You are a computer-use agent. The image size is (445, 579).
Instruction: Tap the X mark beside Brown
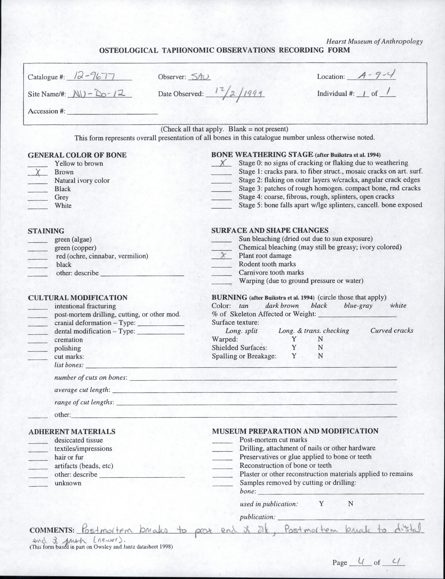pos(38,172)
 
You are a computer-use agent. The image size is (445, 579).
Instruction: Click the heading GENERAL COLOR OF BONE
pos(77,155)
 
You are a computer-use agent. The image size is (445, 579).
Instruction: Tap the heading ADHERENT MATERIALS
pos(72,432)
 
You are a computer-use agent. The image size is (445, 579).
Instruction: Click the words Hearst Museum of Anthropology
pos(374,41)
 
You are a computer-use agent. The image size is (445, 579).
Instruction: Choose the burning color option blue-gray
pos(358,306)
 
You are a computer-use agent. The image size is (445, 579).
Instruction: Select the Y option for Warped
pos(294,339)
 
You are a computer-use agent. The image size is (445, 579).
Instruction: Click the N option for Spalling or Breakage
pos(320,356)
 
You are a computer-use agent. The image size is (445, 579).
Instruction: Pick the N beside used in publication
pos(350,504)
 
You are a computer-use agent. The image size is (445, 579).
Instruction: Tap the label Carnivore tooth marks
pos(271,272)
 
